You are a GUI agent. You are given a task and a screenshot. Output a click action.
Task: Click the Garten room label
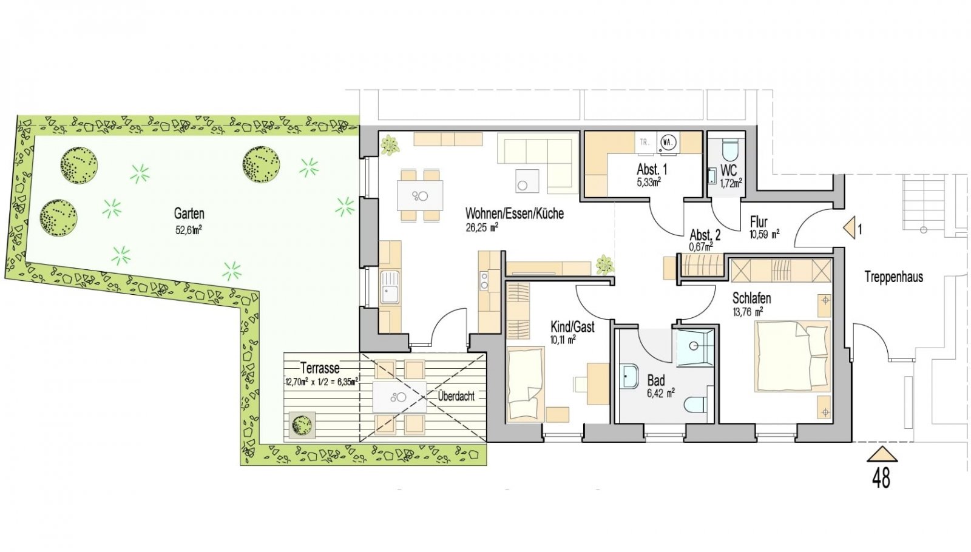(x=189, y=214)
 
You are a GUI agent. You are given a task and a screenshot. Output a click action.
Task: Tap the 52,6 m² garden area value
(x=189, y=230)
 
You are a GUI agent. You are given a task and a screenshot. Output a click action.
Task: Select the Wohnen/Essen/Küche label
(x=515, y=213)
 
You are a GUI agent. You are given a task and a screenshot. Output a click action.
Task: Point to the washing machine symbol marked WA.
(x=668, y=142)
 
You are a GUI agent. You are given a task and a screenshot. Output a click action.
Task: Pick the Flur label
(x=759, y=222)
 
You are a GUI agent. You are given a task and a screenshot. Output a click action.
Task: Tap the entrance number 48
(x=881, y=479)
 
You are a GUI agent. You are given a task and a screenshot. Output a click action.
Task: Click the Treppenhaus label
(x=894, y=277)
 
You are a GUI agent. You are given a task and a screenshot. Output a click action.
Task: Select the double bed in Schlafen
(x=793, y=356)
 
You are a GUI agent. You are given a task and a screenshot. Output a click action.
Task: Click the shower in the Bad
(x=695, y=348)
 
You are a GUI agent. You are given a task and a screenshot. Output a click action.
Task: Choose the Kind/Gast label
(x=572, y=327)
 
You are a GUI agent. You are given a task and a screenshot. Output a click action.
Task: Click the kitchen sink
(x=390, y=288)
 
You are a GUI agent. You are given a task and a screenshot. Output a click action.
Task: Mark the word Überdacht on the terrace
(x=456, y=396)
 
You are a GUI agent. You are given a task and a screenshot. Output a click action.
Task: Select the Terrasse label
(x=320, y=368)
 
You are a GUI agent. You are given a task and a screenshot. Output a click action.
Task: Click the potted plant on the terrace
(x=302, y=425)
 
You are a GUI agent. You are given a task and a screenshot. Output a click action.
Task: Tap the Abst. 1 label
(x=652, y=169)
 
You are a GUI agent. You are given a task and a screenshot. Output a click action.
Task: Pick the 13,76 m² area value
(x=748, y=312)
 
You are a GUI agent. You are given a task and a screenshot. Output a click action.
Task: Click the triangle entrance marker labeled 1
(x=850, y=227)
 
